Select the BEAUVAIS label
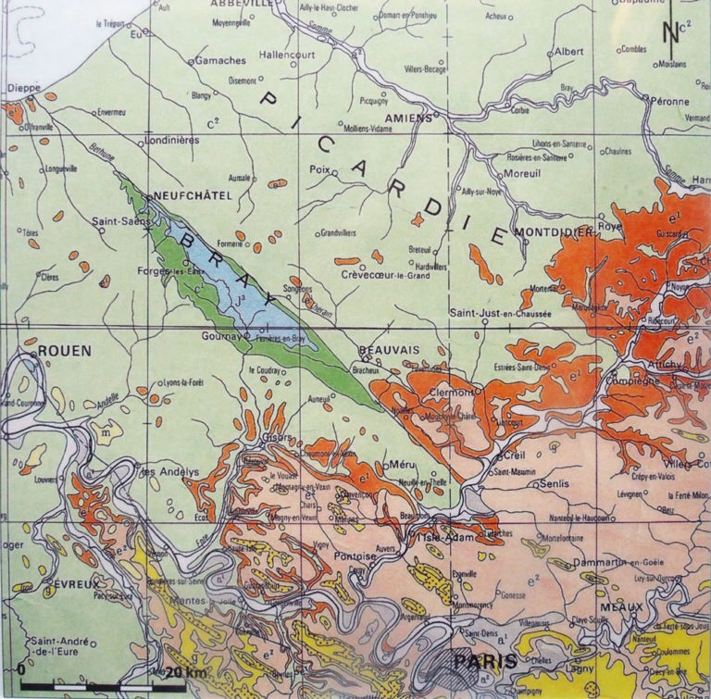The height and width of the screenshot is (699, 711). (x=389, y=349)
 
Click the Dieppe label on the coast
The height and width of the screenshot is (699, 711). (x=25, y=88)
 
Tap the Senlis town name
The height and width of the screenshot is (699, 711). (x=554, y=483)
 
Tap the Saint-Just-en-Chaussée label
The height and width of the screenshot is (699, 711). (x=500, y=315)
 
